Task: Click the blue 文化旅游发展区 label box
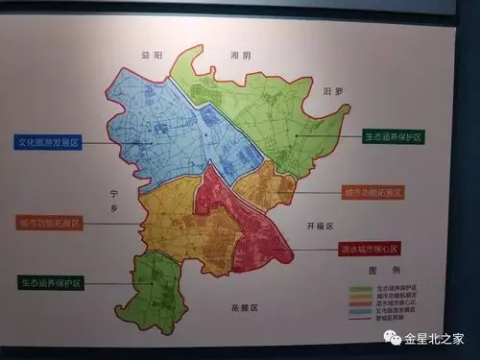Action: (x=49, y=142)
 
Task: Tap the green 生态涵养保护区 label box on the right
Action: (x=394, y=137)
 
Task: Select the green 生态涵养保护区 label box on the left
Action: (x=51, y=283)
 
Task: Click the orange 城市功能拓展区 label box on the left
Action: (x=50, y=223)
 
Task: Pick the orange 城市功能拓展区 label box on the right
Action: (x=372, y=192)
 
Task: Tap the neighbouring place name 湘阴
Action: (x=240, y=56)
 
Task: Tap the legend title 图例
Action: (x=383, y=272)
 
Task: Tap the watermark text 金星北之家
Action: (x=434, y=338)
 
